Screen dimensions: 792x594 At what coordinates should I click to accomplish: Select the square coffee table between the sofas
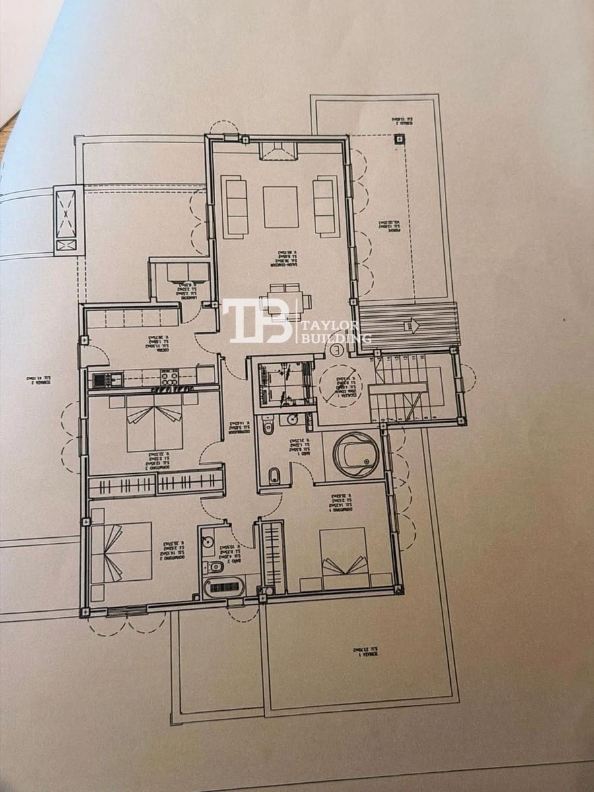pyautogui.click(x=280, y=207)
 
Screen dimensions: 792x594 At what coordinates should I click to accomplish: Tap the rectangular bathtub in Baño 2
pyautogui.click(x=224, y=585)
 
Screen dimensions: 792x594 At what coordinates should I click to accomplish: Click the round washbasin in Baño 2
pyautogui.click(x=207, y=543)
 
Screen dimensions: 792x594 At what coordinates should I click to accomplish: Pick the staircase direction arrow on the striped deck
pyautogui.click(x=411, y=325)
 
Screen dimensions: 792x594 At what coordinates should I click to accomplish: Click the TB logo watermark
pyautogui.click(x=257, y=321)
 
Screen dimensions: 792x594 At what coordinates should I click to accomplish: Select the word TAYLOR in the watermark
pyautogui.click(x=329, y=325)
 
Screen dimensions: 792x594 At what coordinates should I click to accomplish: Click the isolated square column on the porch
pyautogui.click(x=399, y=139)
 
